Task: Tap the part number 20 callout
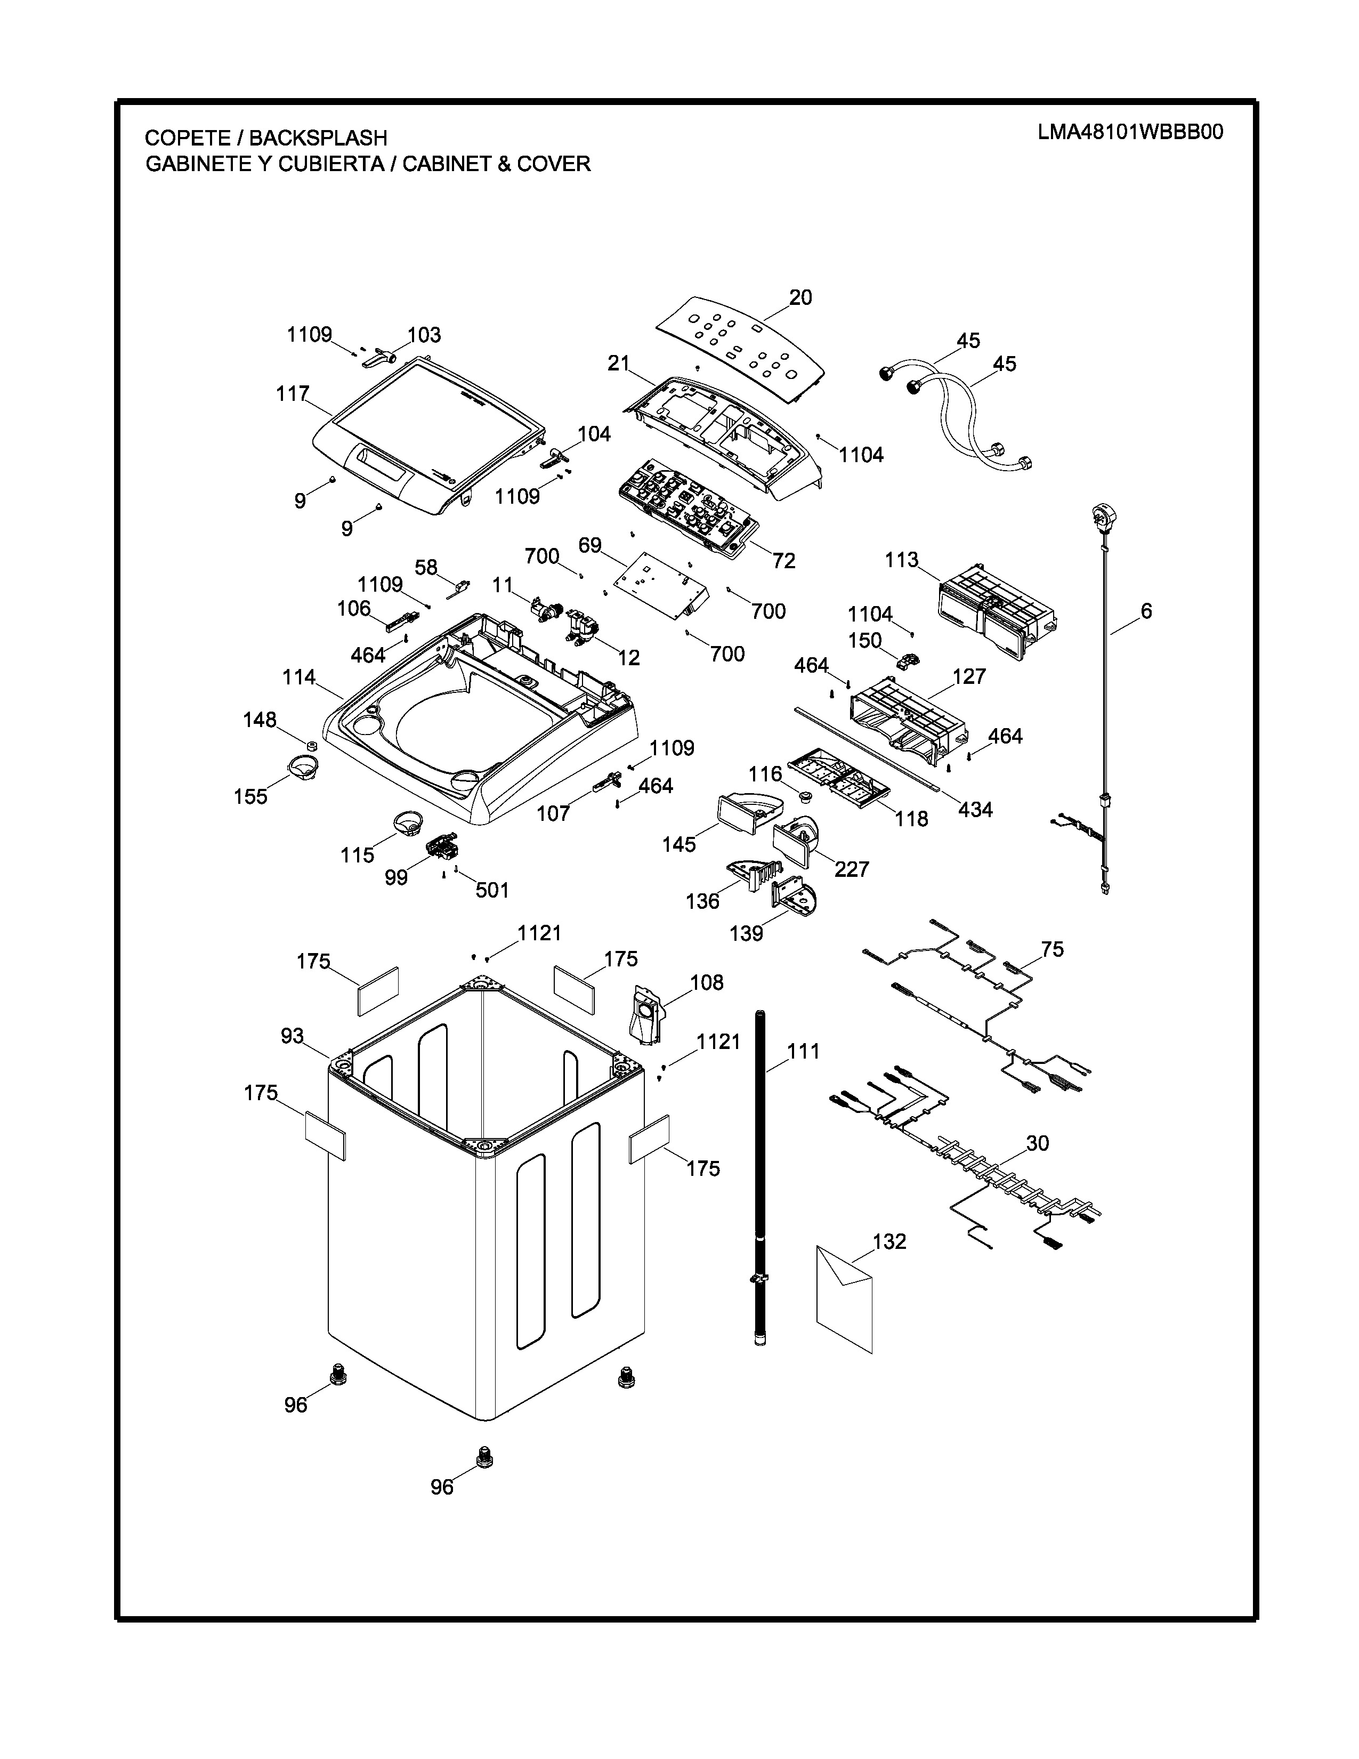800,297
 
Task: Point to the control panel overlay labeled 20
741,346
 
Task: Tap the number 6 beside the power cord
1146,611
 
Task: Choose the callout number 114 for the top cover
298,677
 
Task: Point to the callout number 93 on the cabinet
292,1036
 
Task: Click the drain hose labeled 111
760,1176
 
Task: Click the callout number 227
852,868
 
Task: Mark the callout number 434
975,810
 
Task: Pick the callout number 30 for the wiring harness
1037,1143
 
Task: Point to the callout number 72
783,561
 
